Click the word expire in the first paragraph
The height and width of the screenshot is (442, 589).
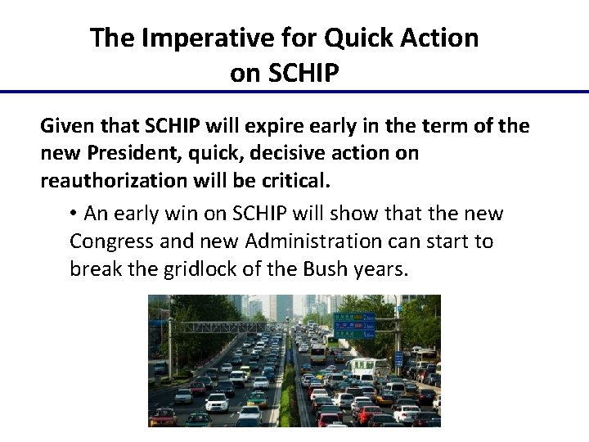click(274, 127)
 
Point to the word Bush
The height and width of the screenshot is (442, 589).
click(330, 268)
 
